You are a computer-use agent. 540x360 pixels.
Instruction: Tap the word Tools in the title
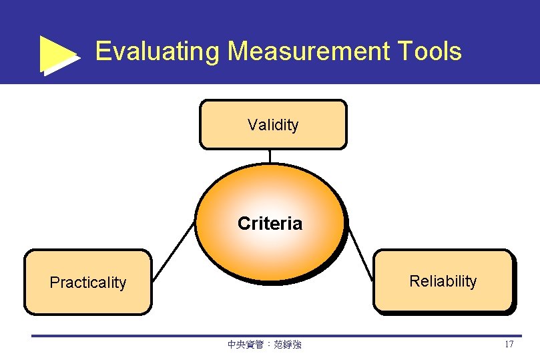[x=430, y=51]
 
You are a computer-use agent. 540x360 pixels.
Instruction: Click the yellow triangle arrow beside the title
[x=58, y=54]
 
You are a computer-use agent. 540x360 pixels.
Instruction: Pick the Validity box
[x=272, y=136]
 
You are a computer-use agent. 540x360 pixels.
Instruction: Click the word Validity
[x=273, y=125]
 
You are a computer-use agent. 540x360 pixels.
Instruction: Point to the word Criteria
[x=270, y=224]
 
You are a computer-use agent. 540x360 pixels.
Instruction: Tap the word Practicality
[x=87, y=283]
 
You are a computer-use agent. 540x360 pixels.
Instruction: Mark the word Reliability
[x=443, y=281]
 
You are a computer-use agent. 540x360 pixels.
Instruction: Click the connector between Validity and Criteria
[x=270, y=156]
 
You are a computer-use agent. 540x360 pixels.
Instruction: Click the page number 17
[x=509, y=345]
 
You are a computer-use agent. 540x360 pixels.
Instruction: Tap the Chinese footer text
[x=264, y=345]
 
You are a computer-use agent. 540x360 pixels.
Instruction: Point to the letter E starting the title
[x=103, y=51]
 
